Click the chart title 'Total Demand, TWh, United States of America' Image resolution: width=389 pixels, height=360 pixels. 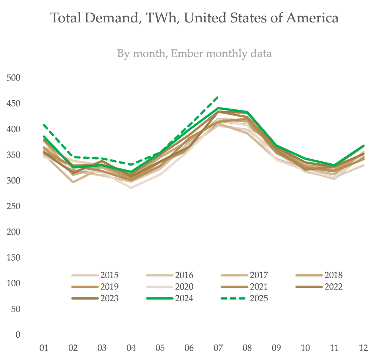click(194, 18)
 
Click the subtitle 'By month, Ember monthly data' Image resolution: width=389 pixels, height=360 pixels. click(194, 54)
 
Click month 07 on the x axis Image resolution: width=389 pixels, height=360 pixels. click(218, 348)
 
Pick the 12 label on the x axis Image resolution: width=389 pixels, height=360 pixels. click(363, 348)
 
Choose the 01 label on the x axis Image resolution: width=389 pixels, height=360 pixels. click(44, 348)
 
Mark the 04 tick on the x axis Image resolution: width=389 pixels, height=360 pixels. click(131, 348)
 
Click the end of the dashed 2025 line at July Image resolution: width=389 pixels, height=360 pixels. click(218, 97)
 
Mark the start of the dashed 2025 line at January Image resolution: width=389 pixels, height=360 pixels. click(44, 125)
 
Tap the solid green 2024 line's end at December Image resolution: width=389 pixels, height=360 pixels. click(363, 146)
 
